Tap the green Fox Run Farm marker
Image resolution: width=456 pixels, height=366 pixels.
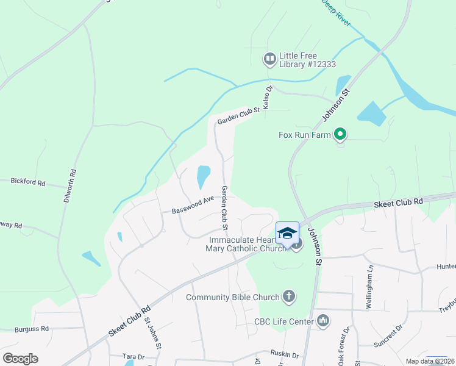[341, 134]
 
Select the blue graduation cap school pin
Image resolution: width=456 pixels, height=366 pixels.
[287, 233]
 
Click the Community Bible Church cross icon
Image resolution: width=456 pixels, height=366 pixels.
[289, 297]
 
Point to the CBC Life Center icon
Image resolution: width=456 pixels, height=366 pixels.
[323, 320]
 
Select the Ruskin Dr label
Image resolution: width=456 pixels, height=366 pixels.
[285, 355]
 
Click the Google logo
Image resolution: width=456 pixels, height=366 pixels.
[20, 359]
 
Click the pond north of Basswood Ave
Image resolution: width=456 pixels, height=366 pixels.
[203, 177]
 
